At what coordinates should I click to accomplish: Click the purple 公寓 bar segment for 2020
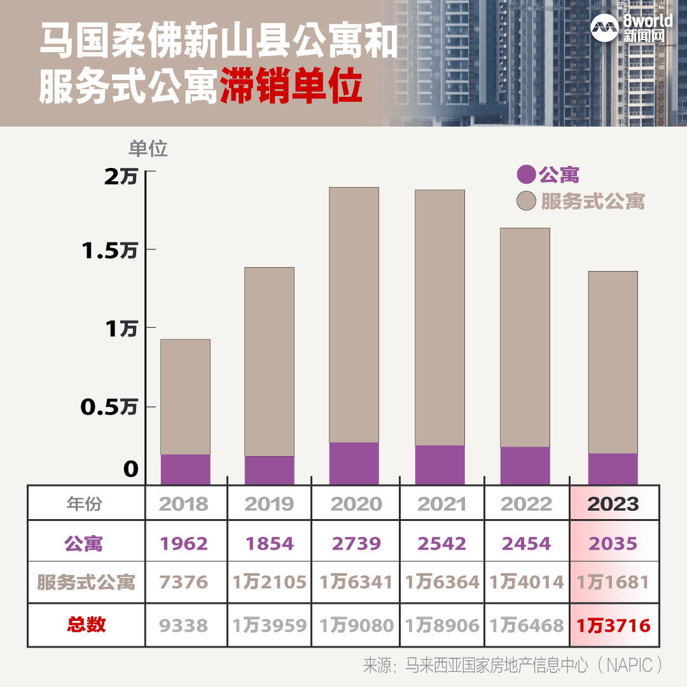[x=354, y=463]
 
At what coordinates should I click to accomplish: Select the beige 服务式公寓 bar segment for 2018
[x=185, y=396]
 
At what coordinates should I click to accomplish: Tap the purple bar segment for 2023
[x=613, y=469]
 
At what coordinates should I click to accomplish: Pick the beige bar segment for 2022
[x=525, y=337]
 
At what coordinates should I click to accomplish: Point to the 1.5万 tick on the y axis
[x=109, y=251]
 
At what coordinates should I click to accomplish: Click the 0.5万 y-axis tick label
[x=109, y=407]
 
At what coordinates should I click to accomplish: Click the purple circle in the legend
[x=526, y=174]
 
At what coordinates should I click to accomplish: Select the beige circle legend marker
[x=526, y=200]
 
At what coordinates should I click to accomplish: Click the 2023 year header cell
[x=613, y=504]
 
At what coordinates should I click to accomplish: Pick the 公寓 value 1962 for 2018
[x=184, y=544]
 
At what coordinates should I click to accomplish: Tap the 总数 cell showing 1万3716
[x=613, y=625]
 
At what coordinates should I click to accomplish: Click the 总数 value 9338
[x=184, y=625]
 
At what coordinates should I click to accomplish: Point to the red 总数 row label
[x=86, y=625]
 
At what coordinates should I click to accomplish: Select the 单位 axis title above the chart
[x=148, y=148]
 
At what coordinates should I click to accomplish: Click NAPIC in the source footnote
[x=630, y=665]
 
